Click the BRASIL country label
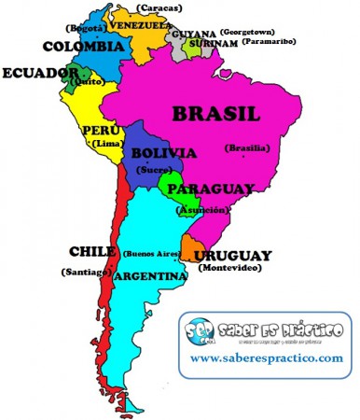[x=215, y=115]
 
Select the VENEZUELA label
[x=142, y=26]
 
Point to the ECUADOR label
[x=35, y=73]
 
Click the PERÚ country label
[x=101, y=130]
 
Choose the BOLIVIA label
[x=163, y=153]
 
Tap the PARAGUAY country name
[x=212, y=189]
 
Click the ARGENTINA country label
[x=149, y=277]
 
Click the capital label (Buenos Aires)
[x=152, y=253]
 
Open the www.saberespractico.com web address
[x=267, y=358]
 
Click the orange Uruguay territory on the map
[x=190, y=248]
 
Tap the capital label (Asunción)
[x=209, y=210]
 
